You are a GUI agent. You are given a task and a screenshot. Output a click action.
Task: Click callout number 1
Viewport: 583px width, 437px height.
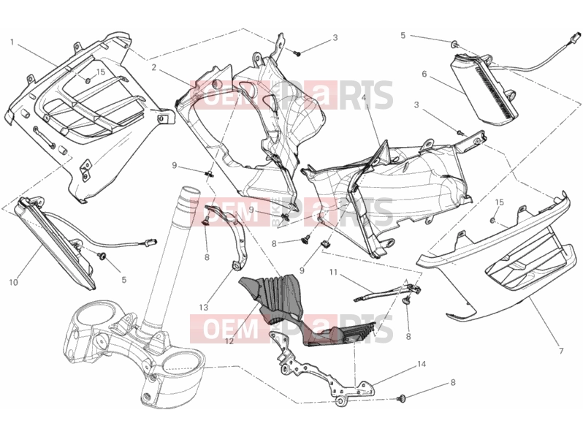(12, 42)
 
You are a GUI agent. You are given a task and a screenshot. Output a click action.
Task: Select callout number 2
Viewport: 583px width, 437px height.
(154, 67)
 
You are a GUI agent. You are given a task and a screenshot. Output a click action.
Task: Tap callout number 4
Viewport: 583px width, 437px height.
(364, 98)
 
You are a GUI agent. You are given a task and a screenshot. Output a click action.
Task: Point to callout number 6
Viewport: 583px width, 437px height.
(424, 74)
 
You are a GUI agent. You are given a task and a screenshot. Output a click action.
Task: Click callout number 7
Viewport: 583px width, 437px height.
(561, 350)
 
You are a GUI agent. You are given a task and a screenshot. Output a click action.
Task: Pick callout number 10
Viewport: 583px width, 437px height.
(13, 283)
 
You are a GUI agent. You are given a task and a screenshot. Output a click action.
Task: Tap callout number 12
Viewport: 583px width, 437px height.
(229, 341)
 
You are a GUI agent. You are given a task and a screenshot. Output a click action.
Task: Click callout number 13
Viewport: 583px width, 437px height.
(203, 308)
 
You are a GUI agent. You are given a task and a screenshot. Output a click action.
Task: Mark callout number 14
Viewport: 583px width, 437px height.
(422, 364)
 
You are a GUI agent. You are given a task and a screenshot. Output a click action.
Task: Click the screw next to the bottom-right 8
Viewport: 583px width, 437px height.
(401, 399)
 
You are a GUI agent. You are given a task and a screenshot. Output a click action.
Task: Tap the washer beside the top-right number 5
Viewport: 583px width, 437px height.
(454, 45)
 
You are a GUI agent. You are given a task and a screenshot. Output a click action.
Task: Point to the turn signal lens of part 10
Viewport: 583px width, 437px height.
(54, 244)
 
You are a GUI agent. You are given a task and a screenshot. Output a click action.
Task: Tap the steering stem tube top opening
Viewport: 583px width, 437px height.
(191, 191)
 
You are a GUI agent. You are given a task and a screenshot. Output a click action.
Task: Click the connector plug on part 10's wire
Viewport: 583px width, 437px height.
(152, 242)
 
